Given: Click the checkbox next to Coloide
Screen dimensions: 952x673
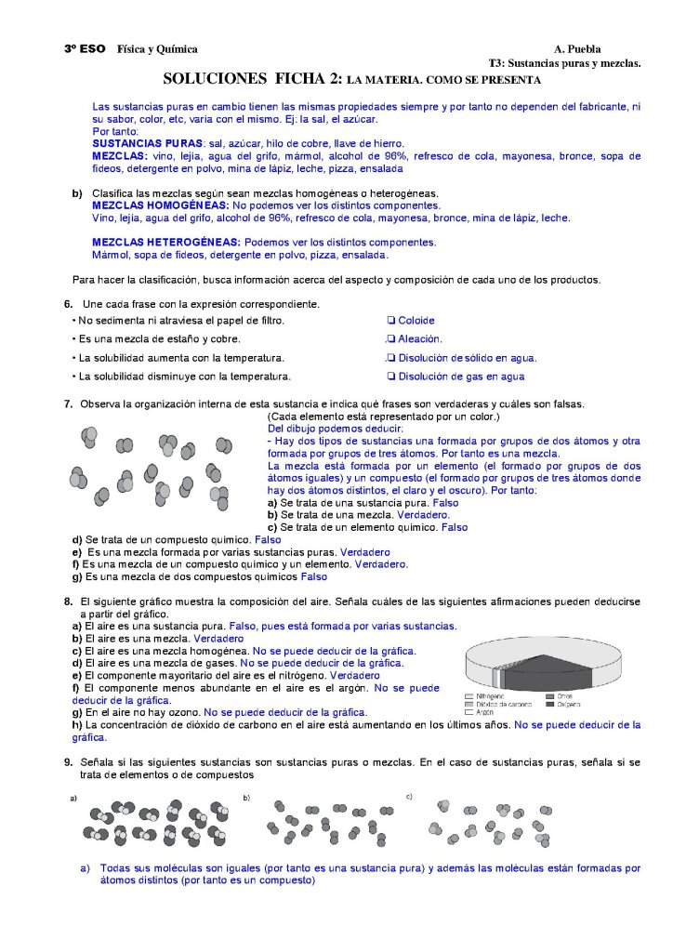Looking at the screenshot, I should tap(391, 321).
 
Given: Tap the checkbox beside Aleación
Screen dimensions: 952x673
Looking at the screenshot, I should tap(391, 339).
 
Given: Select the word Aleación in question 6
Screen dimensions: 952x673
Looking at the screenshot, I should tap(420, 339).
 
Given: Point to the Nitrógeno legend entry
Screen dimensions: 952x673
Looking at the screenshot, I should tap(490, 695).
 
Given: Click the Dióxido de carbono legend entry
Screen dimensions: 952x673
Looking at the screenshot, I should tap(496, 704).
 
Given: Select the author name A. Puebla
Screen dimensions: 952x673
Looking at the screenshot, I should tap(577, 49).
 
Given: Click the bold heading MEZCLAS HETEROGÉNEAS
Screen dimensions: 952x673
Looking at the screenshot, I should tap(164, 242).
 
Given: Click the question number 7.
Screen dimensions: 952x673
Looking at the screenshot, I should tap(68, 404).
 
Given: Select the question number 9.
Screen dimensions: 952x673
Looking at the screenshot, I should tap(68, 762).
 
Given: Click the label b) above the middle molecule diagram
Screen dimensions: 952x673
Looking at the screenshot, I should tap(246, 798).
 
